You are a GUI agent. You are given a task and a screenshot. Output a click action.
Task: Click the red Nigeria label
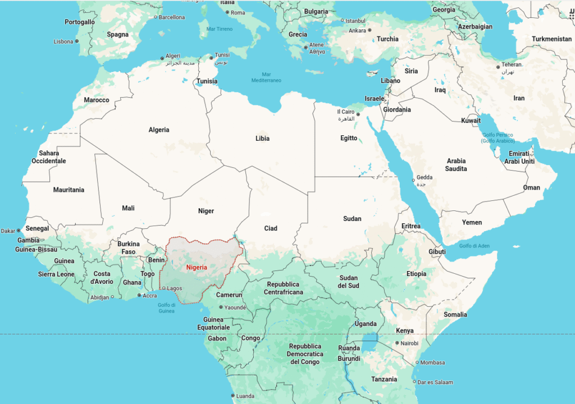click(197, 267)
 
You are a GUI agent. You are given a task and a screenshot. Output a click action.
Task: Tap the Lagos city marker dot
click(164, 288)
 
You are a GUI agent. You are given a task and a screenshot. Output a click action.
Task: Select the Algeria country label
click(159, 130)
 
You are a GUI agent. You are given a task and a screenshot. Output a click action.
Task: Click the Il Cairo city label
click(345, 112)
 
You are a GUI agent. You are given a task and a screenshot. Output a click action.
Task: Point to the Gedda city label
click(425, 177)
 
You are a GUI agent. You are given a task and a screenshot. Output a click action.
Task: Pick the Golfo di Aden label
click(474, 246)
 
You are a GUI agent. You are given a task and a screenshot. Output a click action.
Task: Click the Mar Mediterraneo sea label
click(266, 77)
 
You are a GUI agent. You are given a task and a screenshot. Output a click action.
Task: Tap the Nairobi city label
click(409, 343)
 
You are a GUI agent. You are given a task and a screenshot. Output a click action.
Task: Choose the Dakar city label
click(8, 231)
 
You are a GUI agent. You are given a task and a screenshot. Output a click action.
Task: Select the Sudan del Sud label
click(349, 282)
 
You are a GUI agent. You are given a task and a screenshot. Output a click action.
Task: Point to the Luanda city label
click(245, 396)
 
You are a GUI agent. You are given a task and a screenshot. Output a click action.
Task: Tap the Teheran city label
click(512, 65)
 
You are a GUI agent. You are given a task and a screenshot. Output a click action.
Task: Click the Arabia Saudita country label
click(456, 164)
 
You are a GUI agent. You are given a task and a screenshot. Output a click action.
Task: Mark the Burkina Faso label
click(128, 248)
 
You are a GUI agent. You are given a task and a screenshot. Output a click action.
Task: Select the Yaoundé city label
click(235, 307)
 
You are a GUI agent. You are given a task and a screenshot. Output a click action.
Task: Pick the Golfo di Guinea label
click(166, 307)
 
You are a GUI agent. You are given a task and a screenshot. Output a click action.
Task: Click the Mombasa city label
click(432, 362)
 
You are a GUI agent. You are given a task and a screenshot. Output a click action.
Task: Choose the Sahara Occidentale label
click(49, 157)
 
